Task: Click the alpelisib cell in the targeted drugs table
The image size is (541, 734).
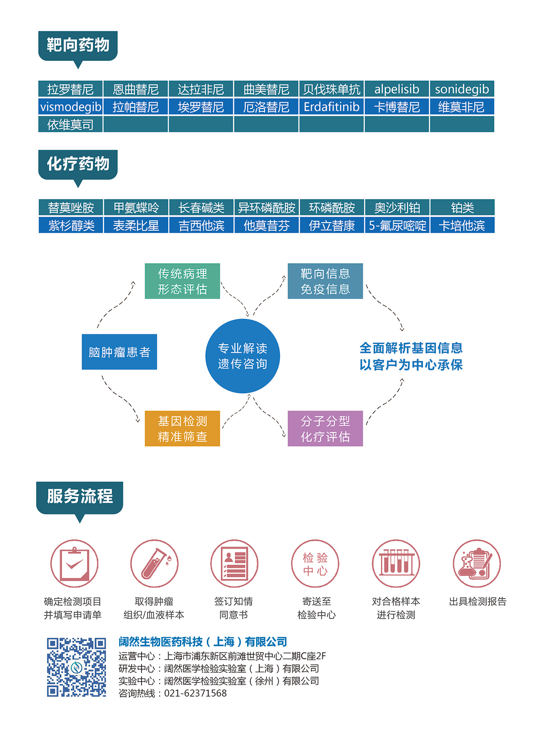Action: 397,89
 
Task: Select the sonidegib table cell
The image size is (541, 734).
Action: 462,89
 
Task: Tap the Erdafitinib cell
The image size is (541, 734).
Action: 331,107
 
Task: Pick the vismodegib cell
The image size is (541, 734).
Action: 71,107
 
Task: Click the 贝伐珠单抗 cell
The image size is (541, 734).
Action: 331,89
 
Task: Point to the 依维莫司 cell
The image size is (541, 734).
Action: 71,124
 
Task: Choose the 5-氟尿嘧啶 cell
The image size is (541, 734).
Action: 397,225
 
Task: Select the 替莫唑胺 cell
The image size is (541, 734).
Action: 71,208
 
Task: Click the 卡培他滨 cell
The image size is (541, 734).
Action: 462,225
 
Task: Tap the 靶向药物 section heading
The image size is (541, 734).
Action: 78,45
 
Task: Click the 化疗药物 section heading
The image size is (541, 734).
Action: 78,164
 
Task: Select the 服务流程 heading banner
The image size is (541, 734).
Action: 80,497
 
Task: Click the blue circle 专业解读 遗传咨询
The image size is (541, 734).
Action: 243,356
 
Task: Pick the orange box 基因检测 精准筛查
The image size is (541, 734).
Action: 182,429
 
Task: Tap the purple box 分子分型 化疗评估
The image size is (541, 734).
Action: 325,429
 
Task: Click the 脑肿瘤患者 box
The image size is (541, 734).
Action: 119,352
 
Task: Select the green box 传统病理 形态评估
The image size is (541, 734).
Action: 182,281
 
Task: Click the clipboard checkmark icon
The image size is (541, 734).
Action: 74,564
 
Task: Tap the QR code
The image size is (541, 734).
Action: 77,667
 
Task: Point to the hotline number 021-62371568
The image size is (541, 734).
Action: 195,693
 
